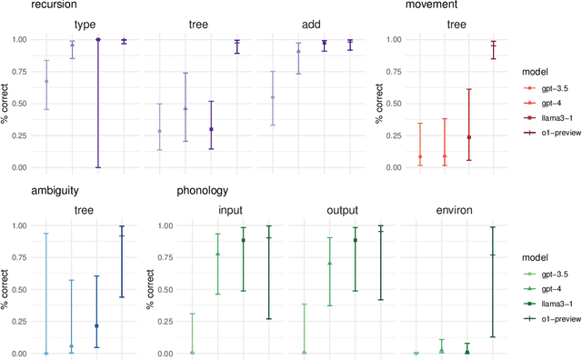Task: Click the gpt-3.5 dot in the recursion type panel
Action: click(46, 81)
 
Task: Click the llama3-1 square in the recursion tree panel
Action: click(211, 129)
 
